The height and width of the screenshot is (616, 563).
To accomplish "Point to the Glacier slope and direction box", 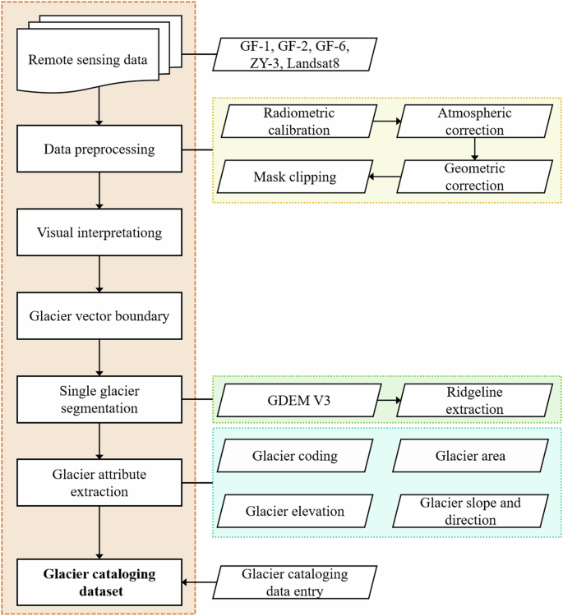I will click(471, 511).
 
